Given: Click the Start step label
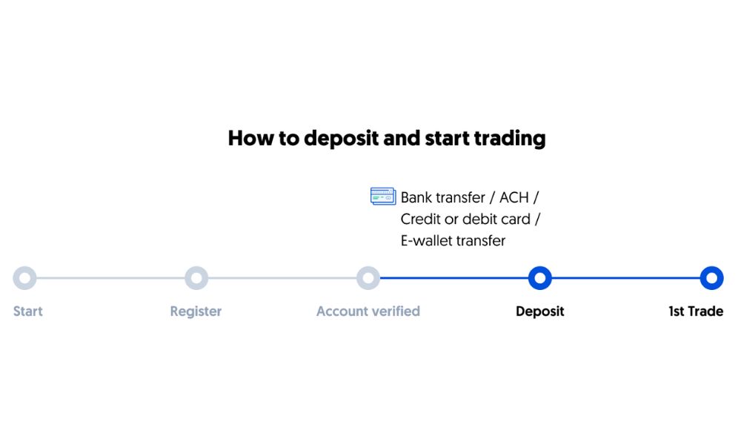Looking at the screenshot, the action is click(x=28, y=311).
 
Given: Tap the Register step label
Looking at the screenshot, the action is click(x=196, y=311).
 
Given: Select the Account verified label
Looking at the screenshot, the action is click(x=368, y=311).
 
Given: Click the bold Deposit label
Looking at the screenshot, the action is click(x=539, y=311).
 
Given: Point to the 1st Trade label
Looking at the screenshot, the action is click(x=696, y=311).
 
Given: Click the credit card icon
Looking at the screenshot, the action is click(x=383, y=197).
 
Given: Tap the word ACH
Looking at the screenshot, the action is click(x=514, y=197).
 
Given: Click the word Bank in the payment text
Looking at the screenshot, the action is click(x=416, y=197).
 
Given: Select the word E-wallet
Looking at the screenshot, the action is click(x=426, y=241).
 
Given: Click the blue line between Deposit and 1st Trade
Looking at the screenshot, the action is click(x=625, y=278).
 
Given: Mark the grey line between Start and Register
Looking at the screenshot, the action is click(x=110, y=278).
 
